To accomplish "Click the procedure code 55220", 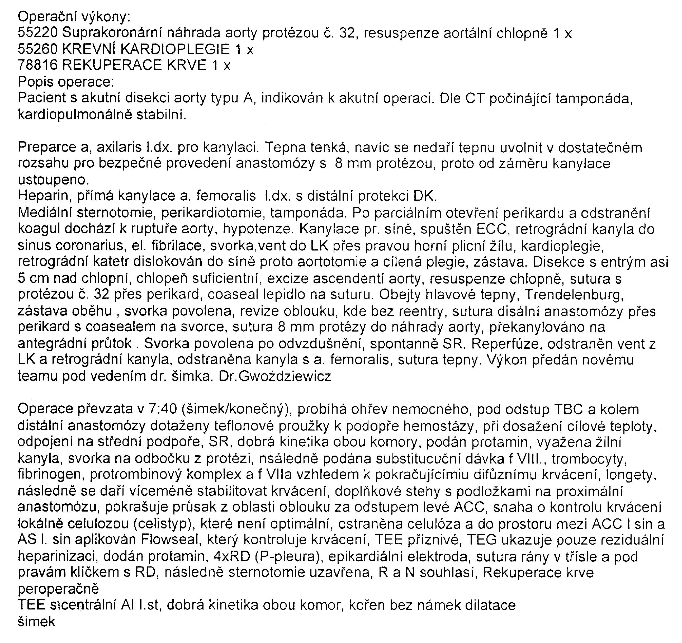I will pyautogui.click(x=37, y=33).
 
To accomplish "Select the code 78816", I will pyautogui.click(x=37, y=65).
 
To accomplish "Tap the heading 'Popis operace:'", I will pyautogui.click(x=65, y=82).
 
